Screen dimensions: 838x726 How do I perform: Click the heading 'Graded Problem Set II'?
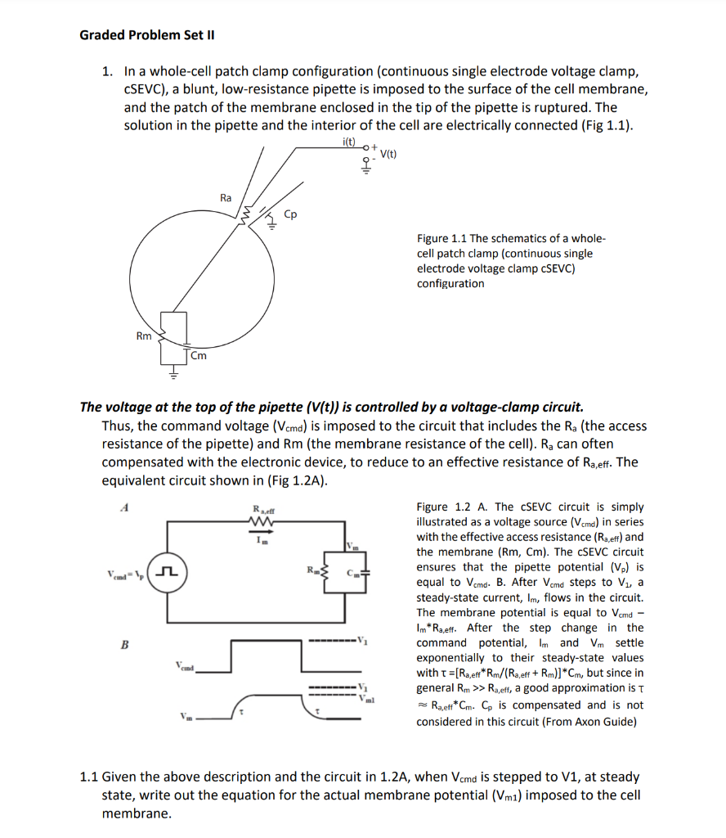(x=146, y=35)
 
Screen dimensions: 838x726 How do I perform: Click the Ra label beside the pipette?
(x=226, y=197)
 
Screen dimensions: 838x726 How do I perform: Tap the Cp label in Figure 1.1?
(x=290, y=214)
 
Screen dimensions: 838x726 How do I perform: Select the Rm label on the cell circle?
(x=143, y=336)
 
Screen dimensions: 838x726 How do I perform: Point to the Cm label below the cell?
(x=199, y=355)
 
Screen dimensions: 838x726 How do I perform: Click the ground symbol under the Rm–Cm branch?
(x=173, y=375)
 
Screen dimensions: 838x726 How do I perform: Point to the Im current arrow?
(x=259, y=540)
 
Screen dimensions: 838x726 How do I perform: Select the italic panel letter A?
(x=125, y=507)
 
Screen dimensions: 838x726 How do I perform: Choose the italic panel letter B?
(x=125, y=644)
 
